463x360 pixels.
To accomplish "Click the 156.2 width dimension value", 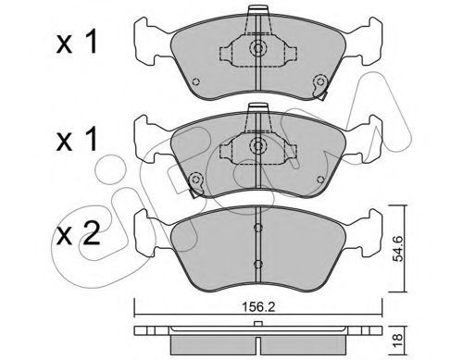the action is pos(258,307).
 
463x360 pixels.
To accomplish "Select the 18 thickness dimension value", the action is pos(398,337).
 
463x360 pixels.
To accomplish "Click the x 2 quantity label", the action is pos(78,235).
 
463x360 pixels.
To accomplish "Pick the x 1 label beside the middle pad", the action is pos(77,140).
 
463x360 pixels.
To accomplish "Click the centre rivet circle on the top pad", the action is pos(257,48).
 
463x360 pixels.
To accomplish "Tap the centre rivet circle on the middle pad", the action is pos(257,145).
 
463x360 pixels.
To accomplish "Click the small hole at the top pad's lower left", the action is pos(195,81).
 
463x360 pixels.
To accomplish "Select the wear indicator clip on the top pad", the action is pos(319,86).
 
